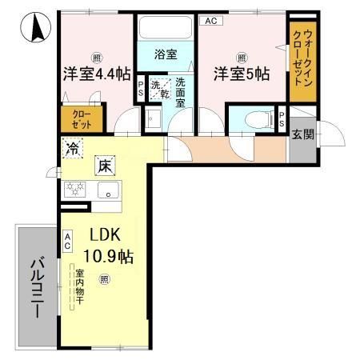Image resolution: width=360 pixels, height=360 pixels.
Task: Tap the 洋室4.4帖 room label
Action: point(97,74)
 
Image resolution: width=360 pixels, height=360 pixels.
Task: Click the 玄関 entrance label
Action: point(302,134)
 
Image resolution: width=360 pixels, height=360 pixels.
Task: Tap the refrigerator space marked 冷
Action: point(73,147)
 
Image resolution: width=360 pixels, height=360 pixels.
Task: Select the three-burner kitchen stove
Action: point(76,190)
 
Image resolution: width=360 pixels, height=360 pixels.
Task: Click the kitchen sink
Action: point(109,190)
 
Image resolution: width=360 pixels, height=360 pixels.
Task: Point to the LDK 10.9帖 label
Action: point(110,247)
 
